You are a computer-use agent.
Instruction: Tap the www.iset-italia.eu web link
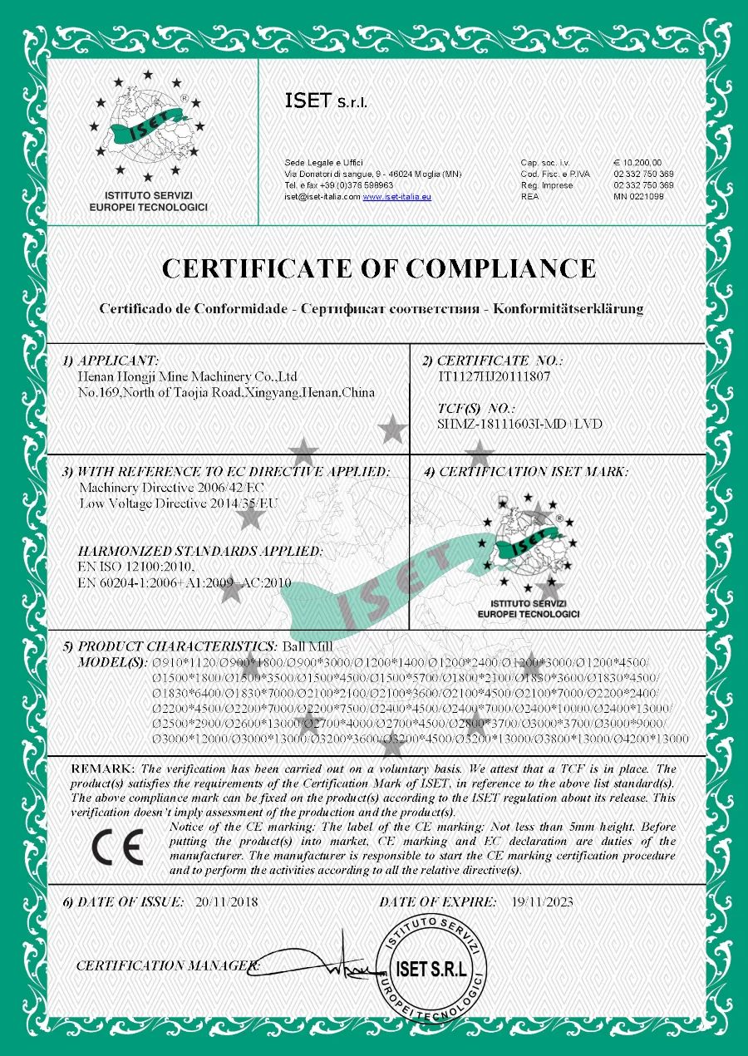[397, 197]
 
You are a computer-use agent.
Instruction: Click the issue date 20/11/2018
[227, 901]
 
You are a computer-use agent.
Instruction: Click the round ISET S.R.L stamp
[431, 969]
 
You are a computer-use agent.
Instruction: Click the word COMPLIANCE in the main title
[491, 268]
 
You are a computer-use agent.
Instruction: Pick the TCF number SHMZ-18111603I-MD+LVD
[519, 424]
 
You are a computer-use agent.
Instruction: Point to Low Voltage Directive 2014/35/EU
[179, 503]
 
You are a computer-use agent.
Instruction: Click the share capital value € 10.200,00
[637, 162]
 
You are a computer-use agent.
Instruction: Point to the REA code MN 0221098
[638, 197]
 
